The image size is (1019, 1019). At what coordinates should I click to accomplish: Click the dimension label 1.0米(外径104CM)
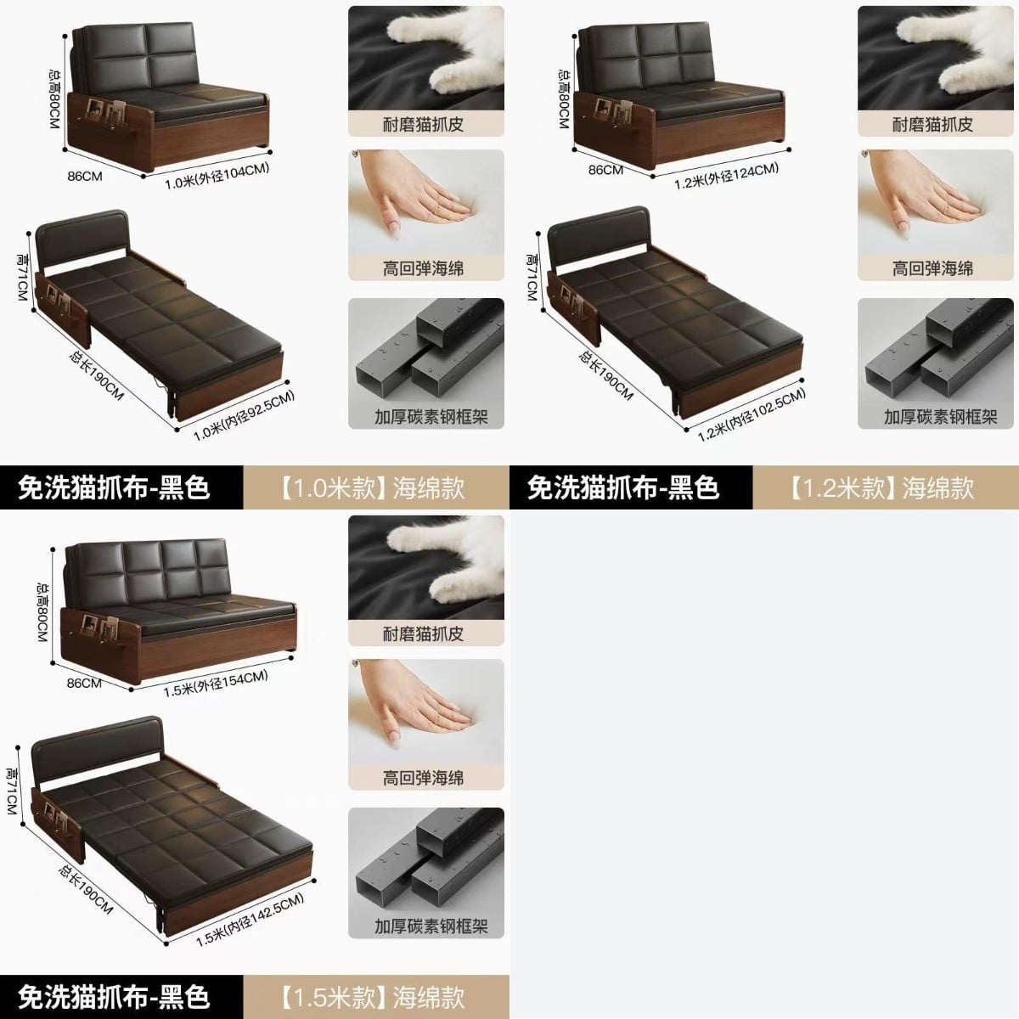[217, 176]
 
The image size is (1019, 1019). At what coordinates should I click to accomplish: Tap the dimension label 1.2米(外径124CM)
[726, 176]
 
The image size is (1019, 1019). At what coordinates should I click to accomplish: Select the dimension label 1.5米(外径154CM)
[216, 684]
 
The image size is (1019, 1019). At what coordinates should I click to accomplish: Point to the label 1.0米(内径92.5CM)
[244, 415]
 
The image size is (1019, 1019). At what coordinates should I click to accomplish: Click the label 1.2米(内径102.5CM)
[752, 414]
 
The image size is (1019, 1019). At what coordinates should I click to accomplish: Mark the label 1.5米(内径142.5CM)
[251, 920]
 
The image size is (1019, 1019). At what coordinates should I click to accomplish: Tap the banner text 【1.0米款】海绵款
[374, 487]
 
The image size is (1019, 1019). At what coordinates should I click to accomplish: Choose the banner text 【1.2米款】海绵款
[882, 487]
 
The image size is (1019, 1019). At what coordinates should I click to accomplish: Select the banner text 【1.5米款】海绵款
[374, 997]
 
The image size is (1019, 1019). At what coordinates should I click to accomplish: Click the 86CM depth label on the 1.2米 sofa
[606, 170]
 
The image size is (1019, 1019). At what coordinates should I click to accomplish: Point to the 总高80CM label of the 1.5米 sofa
[42, 611]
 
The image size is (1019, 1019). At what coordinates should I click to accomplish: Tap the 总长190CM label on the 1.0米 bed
[97, 375]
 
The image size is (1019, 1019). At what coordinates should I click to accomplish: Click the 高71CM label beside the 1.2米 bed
[532, 278]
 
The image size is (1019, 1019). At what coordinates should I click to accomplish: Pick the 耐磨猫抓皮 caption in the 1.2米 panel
[932, 125]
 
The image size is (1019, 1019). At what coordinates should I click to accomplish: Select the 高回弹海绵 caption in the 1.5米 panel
[424, 778]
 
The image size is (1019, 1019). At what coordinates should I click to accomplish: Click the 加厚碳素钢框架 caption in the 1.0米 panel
[431, 417]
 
